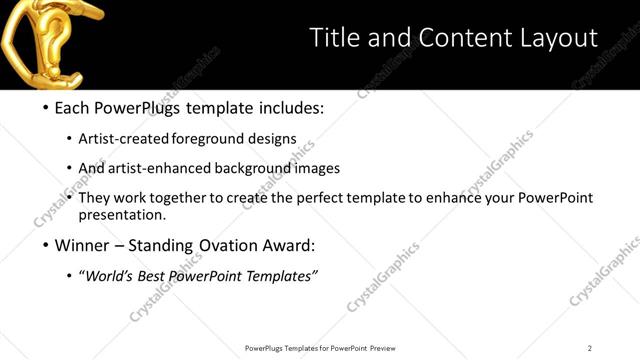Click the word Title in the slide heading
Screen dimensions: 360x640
tap(333, 38)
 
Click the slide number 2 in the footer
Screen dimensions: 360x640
tap(590, 348)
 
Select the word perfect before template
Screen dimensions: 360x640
tap(318, 198)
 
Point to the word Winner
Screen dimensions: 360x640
tap(82, 246)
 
